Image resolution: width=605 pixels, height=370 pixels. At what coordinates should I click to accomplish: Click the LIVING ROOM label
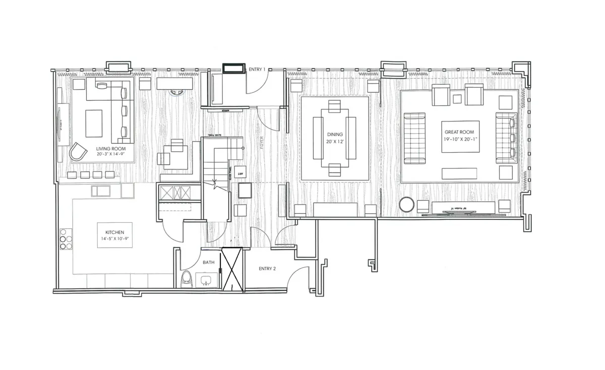[x=111, y=149]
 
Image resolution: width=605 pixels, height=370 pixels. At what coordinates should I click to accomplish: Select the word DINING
[x=335, y=135]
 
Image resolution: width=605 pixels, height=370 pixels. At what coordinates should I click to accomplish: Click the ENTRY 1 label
[x=257, y=69]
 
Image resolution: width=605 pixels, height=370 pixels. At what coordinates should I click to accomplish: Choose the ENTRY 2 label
[x=267, y=269]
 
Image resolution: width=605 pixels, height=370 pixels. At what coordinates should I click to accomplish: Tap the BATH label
[x=209, y=263]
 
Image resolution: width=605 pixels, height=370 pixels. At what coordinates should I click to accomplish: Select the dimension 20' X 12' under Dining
[x=335, y=142]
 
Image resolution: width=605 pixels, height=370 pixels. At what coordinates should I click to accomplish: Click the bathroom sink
[x=206, y=280]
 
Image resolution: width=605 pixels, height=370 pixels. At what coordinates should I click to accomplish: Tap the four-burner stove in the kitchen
[x=66, y=239]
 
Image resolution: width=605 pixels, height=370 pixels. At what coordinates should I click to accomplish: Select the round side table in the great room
[x=407, y=205]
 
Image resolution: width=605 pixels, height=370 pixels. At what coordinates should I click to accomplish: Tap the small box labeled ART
[x=240, y=173]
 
